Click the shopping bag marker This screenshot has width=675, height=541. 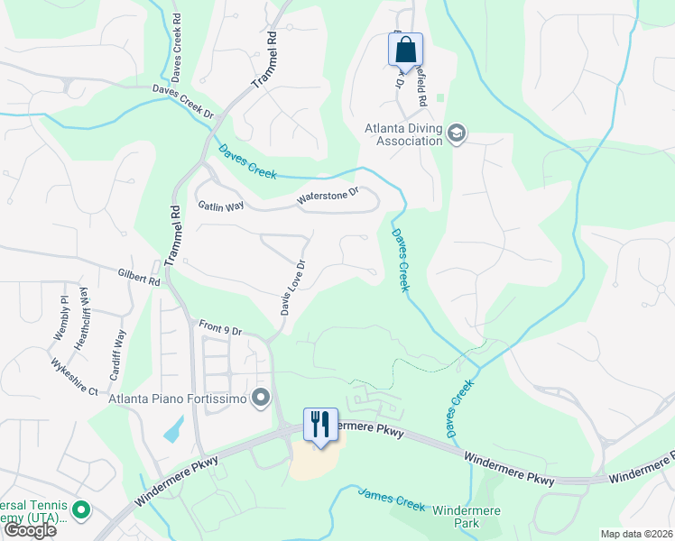(405, 49)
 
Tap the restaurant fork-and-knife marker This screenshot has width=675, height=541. (320, 424)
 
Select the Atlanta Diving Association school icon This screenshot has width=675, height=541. (456, 133)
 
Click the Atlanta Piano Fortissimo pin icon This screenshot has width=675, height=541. (262, 398)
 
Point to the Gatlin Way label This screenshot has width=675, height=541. (221, 206)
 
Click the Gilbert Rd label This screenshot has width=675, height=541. (138, 277)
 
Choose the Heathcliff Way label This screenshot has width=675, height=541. (83, 318)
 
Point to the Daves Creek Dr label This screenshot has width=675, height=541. (183, 103)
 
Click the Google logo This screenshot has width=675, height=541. (29, 529)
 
